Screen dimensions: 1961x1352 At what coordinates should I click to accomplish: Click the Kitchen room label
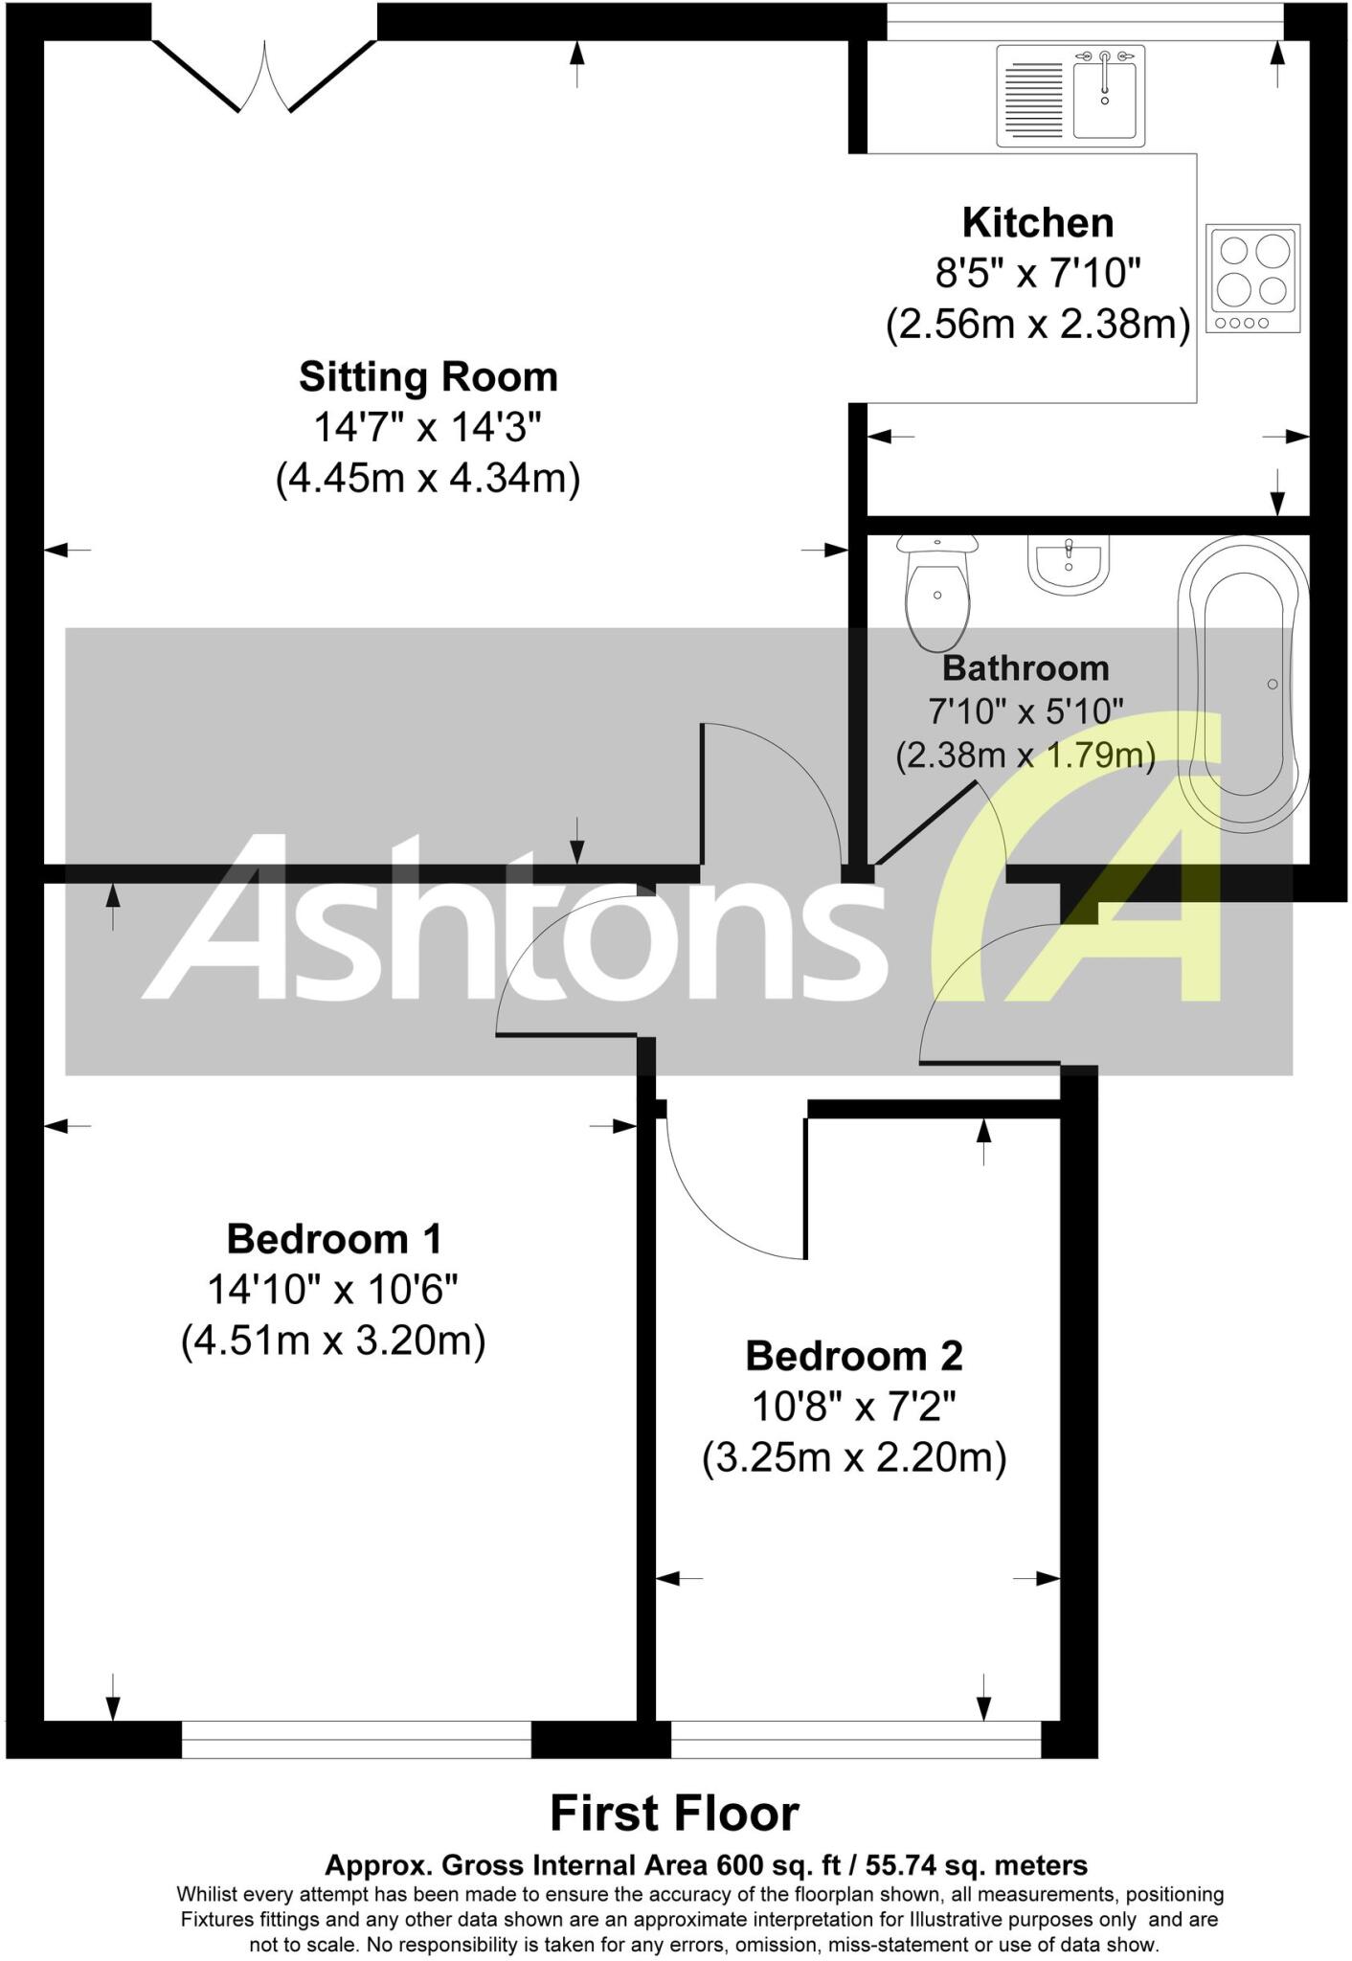coord(1038,223)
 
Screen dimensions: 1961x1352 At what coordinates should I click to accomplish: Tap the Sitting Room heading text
coord(428,377)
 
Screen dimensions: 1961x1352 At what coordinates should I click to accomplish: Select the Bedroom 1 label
coord(334,1239)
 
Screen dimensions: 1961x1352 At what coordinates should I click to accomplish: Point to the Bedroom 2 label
coord(854,1356)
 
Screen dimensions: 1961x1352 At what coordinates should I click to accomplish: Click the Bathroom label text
coord(1025,667)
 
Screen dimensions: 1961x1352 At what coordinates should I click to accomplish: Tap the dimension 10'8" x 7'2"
coord(854,1407)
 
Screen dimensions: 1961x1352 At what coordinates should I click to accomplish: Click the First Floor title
coord(674,1813)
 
